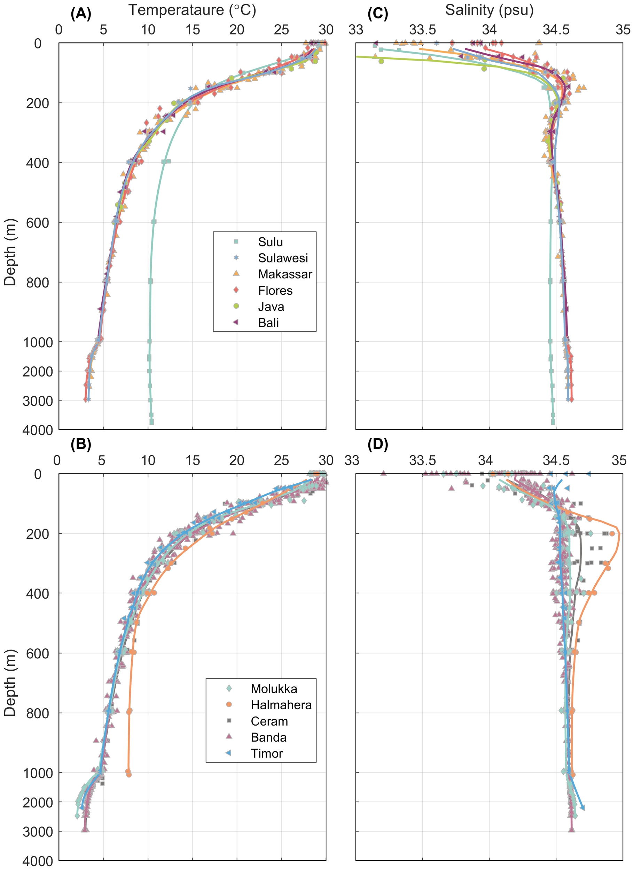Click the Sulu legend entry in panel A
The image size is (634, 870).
270,242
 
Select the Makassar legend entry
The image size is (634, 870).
285,274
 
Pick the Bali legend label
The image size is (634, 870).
268,323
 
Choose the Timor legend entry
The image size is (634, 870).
266,753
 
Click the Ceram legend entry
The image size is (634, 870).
269,721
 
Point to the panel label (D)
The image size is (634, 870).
378,444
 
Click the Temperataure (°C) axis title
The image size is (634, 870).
192,10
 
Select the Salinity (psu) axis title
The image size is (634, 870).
489,10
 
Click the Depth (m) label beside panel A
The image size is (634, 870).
10,252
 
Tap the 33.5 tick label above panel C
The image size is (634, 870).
422,30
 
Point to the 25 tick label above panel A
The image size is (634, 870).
281,30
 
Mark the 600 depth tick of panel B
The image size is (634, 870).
38,654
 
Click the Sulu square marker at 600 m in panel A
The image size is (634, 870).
154,222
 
